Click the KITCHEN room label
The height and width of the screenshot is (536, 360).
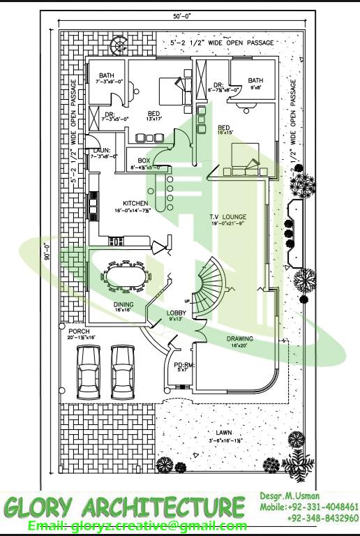pos(136,203)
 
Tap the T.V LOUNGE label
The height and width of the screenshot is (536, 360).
pos(228,217)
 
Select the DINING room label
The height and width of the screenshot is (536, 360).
pos(123,304)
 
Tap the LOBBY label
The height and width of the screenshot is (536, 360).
pos(175,312)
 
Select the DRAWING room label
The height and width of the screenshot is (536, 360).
pos(239,338)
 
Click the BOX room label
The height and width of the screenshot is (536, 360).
pos(144,161)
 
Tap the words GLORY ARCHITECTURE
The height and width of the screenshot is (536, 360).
pos(124,506)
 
